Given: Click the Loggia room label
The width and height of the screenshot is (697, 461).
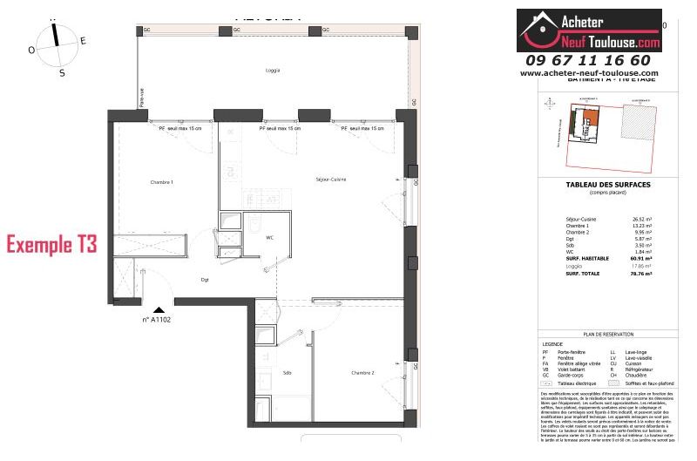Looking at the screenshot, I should click(273, 71).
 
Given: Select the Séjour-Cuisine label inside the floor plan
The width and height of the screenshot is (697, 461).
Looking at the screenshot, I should click(331, 180).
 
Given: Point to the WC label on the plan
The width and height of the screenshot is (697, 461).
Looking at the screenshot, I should click(270, 236).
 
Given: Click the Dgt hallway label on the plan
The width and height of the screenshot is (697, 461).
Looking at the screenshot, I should click(205, 280).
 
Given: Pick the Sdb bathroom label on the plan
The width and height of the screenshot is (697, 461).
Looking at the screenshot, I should click(287, 372).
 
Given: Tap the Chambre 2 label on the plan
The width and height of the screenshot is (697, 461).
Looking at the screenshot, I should click(363, 373).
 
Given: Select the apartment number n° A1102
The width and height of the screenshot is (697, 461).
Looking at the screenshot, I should click(158, 320).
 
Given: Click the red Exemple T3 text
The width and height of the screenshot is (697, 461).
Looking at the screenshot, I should click(51, 243).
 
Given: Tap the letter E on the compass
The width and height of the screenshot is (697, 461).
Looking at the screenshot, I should click(83, 40).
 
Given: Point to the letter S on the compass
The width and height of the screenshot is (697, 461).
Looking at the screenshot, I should click(62, 73).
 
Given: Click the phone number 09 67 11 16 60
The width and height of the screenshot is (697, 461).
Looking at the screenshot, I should click(588, 60).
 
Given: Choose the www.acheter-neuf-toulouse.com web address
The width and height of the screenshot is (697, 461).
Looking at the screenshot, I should click(589, 73).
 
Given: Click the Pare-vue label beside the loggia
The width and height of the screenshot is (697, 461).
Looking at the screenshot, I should click(141, 100).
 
